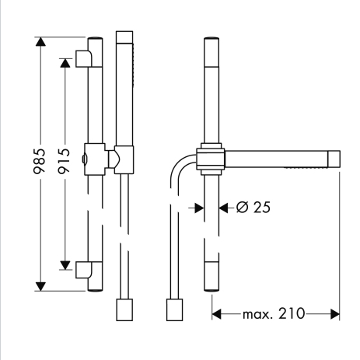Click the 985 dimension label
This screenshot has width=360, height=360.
[40, 161]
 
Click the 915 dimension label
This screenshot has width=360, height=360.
[64, 161]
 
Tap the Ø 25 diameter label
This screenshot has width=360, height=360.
[253, 208]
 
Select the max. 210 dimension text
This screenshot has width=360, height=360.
[274, 314]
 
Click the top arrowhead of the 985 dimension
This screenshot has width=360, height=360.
[40, 42]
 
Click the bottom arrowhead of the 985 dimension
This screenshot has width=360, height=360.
[40, 286]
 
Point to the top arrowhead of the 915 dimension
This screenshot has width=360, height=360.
[65, 63]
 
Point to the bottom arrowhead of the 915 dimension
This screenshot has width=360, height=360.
[65, 265]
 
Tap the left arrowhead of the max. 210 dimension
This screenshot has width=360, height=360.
[217, 314]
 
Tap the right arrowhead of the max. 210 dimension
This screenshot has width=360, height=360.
[335, 314]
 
